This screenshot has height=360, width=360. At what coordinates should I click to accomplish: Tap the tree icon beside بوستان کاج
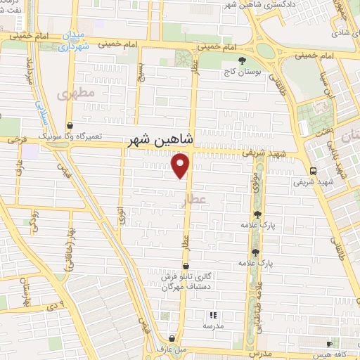pos(243,61)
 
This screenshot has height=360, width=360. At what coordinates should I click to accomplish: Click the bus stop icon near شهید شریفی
pos(312,170)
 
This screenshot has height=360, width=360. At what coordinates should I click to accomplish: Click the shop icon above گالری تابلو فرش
pos(185,266)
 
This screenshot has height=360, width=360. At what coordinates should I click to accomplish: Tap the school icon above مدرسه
pos(213,315)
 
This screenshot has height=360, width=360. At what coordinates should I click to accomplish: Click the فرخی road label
pos(14,141)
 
